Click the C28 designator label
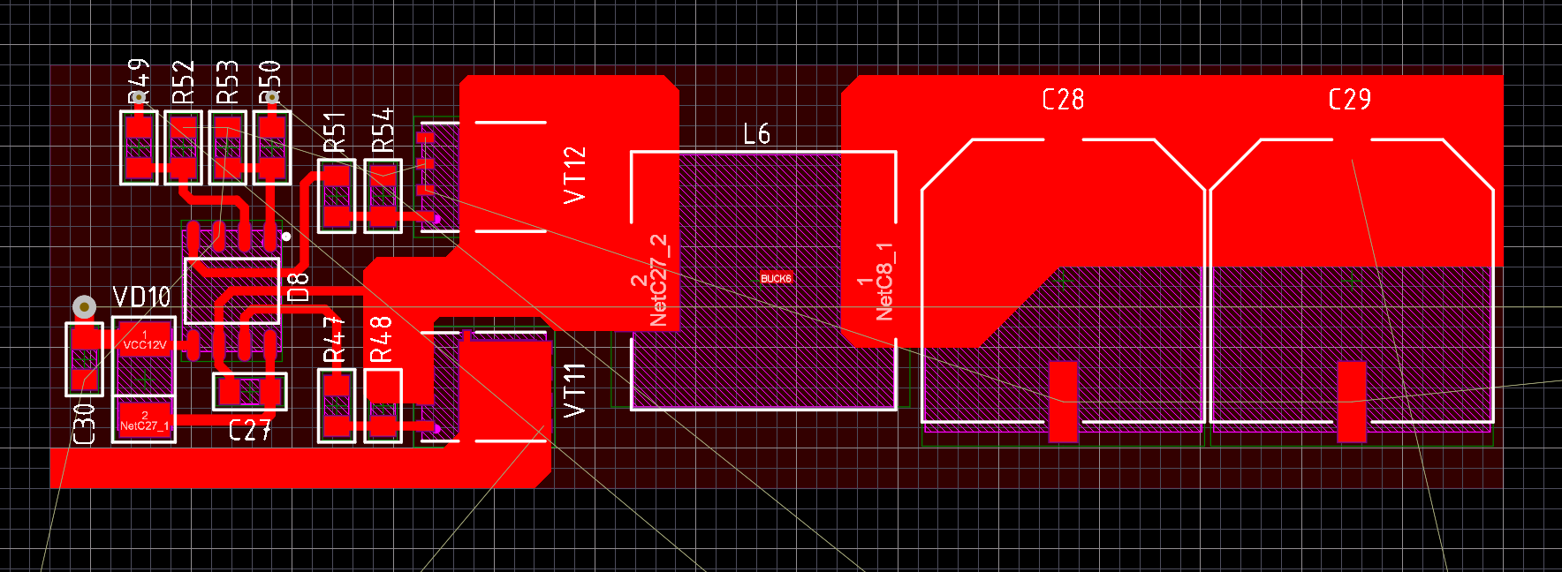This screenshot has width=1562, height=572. pos(1063,99)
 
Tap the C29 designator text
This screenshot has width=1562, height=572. pos(1349,99)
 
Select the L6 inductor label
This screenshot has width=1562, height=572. pos(756,134)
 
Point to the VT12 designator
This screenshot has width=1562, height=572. pos(574,175)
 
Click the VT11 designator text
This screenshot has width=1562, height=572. pos(574,390)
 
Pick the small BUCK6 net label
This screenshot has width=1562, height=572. pos(776,278)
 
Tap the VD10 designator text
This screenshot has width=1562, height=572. pos(141,297)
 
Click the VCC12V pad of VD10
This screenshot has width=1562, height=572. pos(145,341)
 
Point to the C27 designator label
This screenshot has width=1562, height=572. pos(249,430)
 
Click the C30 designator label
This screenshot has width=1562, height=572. pos(84,424)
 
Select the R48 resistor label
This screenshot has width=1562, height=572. pos(381,339)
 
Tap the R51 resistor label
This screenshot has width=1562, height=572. pos(334,132)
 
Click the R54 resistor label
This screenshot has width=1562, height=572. pos(383,131)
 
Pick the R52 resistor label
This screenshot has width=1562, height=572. pos(183,82)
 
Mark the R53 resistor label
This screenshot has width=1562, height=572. pos(227,82)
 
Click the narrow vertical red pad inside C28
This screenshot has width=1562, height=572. pos(1063,401)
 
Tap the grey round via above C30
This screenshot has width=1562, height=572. pos(84,306)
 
